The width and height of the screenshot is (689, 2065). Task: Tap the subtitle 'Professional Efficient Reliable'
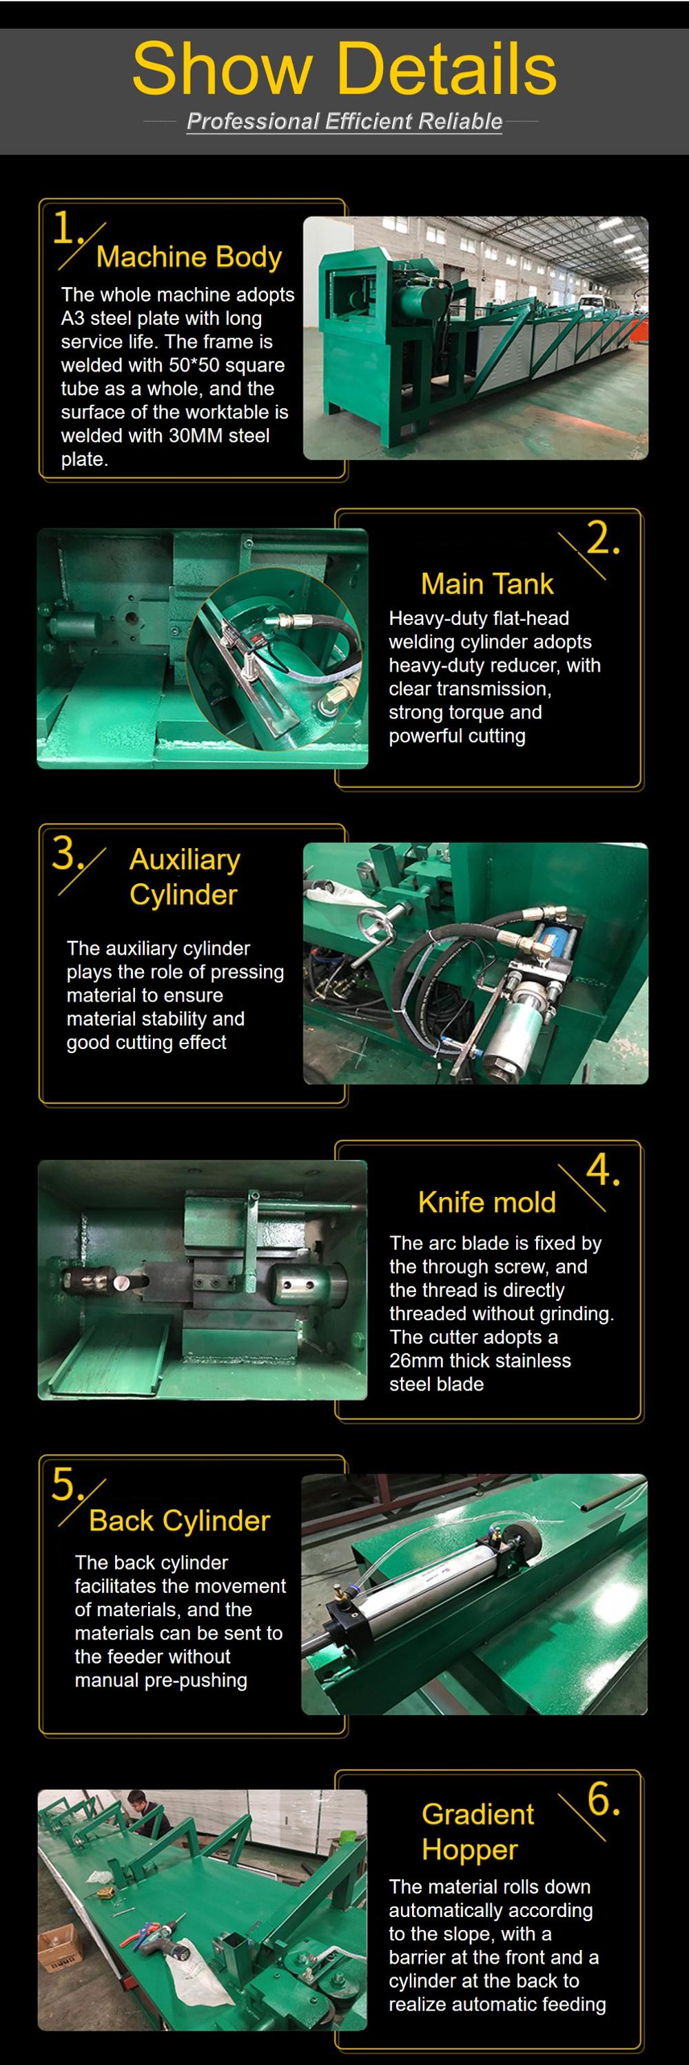pos(344,122)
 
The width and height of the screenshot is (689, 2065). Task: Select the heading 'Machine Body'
pos(189,257)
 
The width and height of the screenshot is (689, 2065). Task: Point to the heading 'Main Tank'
pos(487,584)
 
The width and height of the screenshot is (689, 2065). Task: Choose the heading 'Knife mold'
pos(487,1202)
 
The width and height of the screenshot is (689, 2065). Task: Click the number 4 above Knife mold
pos(602,1169)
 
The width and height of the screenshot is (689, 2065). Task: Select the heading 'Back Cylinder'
pos(180,1521)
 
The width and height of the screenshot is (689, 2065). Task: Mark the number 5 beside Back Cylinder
pos(64,1484)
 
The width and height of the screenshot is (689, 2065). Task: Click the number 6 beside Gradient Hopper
pos(603,1800)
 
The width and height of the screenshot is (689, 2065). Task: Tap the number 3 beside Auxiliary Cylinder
pos(64,853)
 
